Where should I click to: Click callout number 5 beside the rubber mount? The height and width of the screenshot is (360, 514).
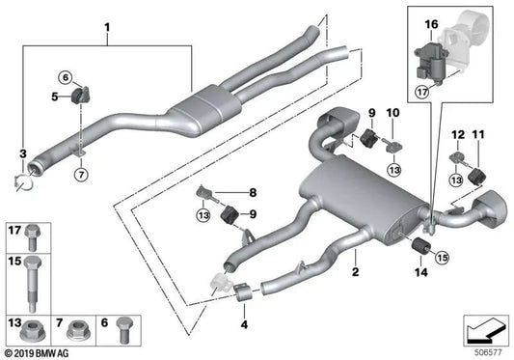55,97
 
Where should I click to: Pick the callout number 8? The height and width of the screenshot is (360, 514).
252,192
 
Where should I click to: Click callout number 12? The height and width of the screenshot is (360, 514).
457,134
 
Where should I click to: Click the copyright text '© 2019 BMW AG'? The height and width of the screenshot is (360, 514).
37,353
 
